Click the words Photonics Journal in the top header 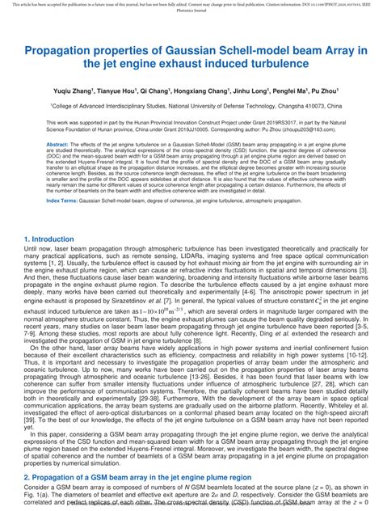(x=191, y=13)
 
